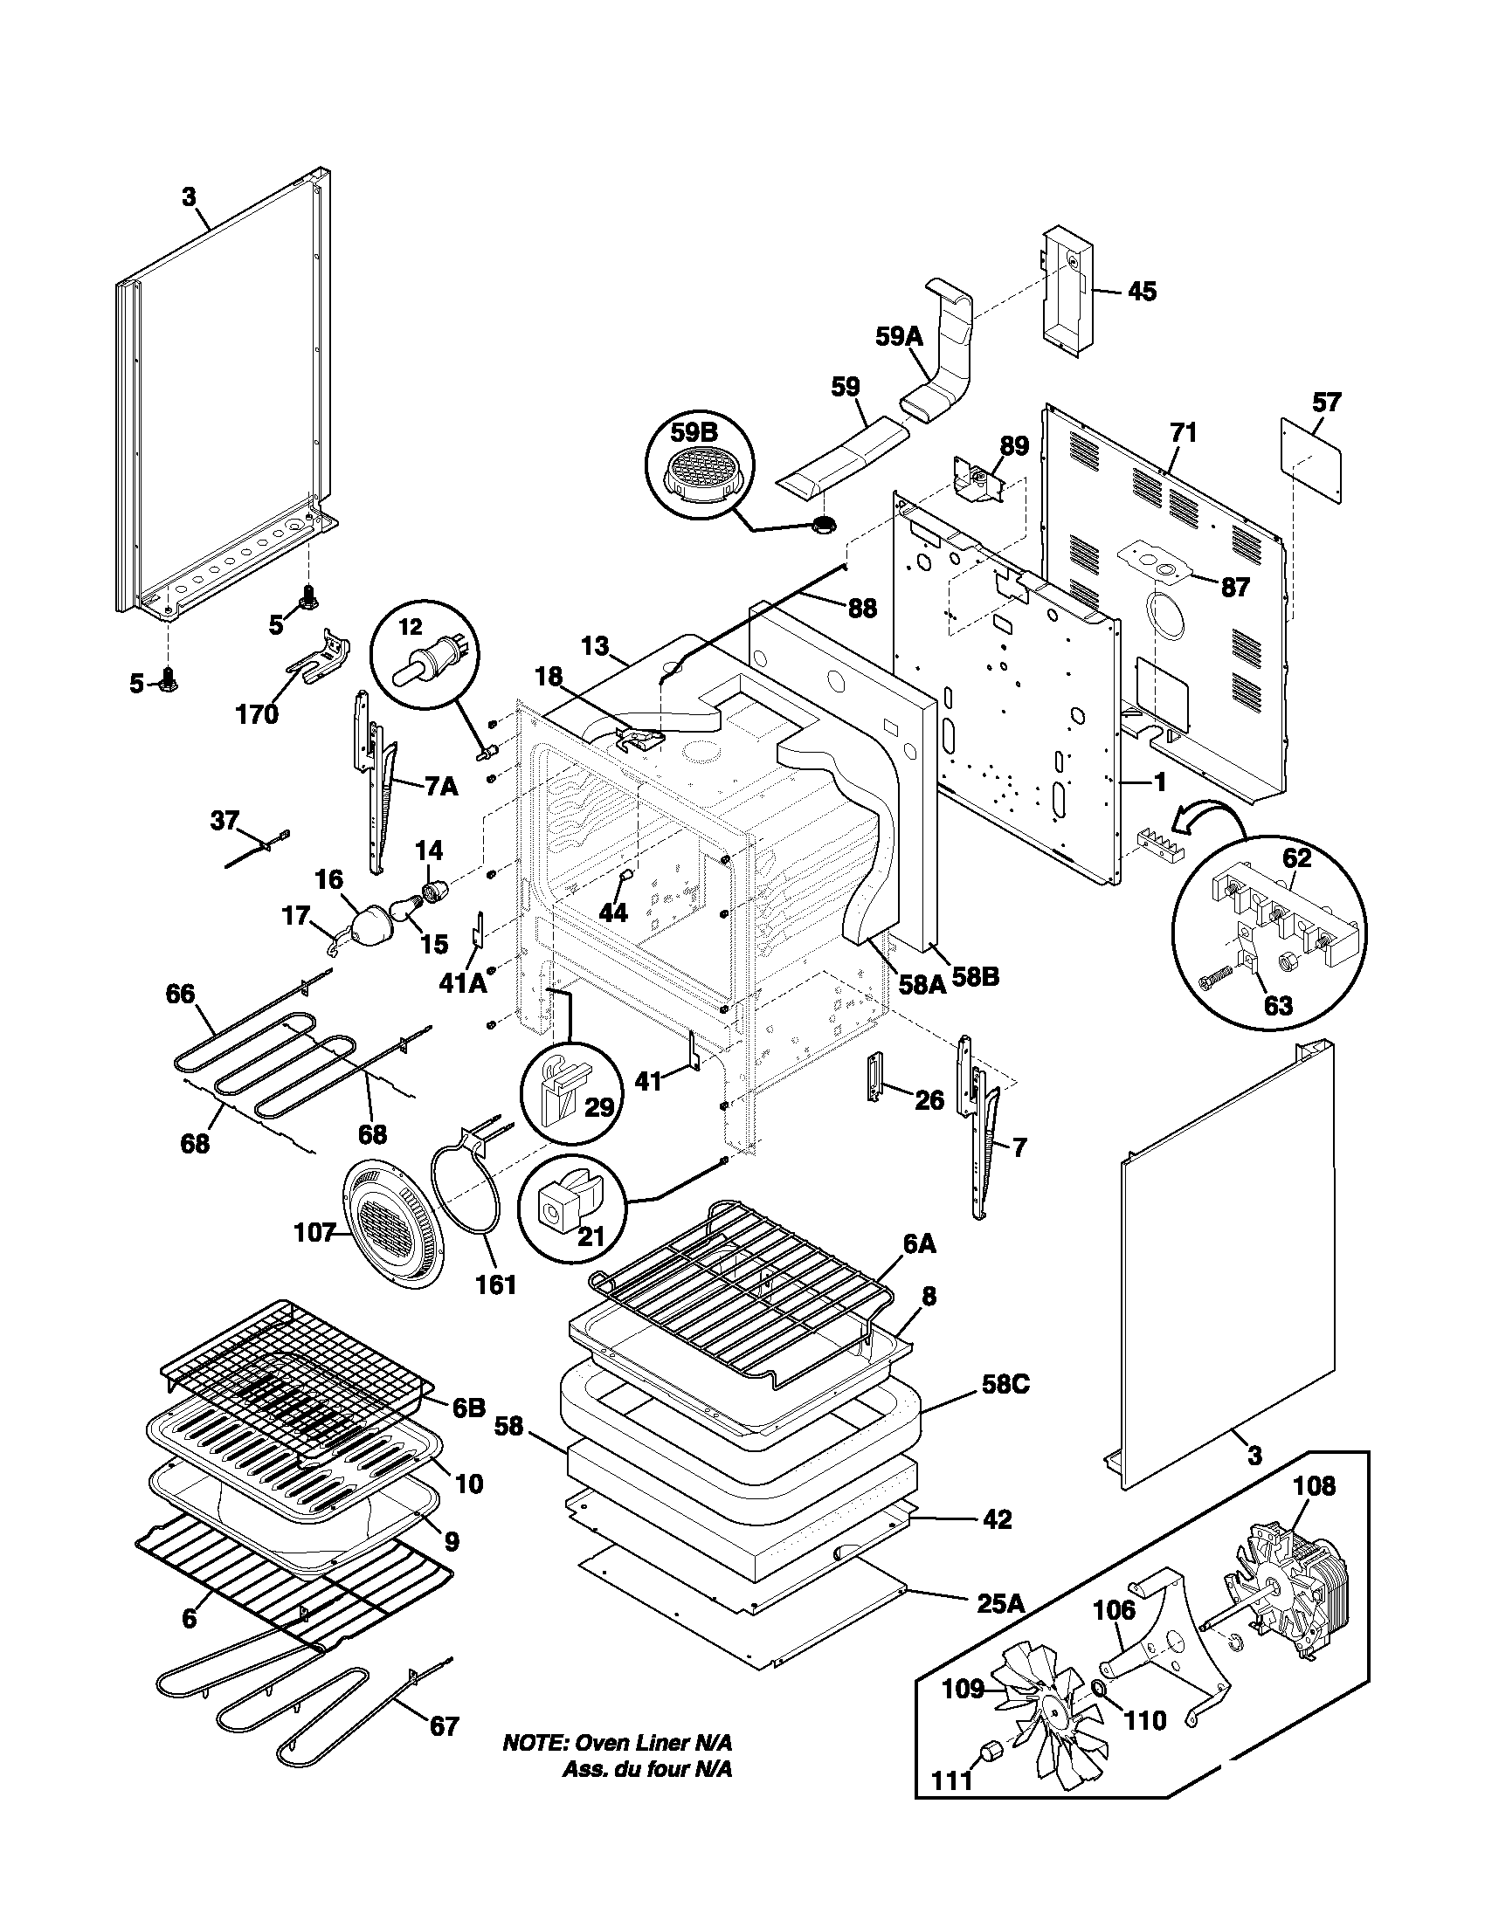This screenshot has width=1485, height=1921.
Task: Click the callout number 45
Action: point(1142,291)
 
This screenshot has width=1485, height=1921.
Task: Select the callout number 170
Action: point(257,714)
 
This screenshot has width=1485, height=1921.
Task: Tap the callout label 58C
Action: point(1005,1384)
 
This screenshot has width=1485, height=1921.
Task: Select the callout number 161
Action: point(496,1285)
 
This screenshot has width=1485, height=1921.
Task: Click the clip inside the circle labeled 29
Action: point(562,1087)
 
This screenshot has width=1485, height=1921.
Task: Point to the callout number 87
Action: point(1235,587)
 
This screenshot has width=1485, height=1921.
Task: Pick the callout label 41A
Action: point(463,982)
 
